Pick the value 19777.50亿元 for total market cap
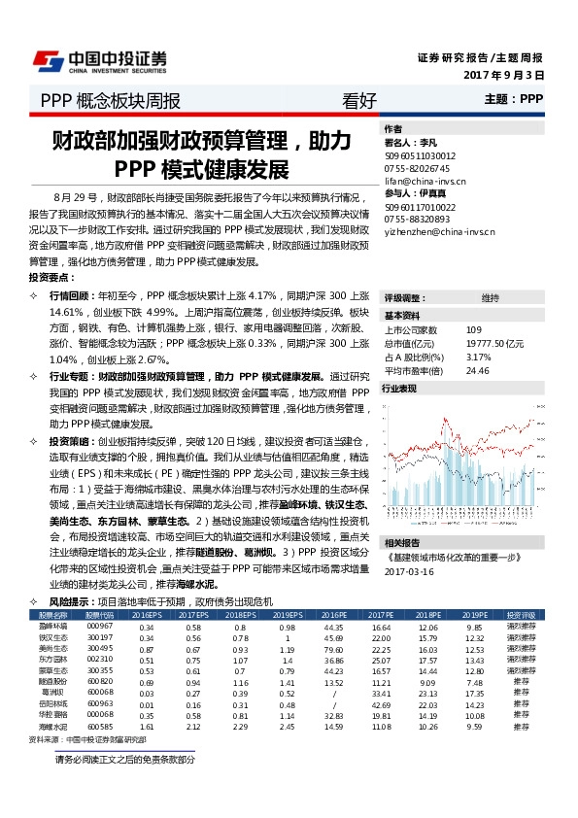click(495, 344)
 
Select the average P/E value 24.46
click(477, 370)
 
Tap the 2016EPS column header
click(147, 616)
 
